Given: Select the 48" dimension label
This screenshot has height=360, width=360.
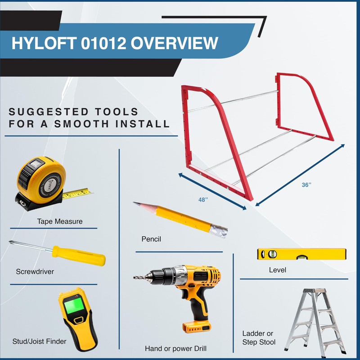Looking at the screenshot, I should [x=203, y=199].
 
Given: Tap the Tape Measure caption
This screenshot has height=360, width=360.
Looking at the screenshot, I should [x=60, y=221].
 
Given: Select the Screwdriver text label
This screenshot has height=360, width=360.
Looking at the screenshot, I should [x=35, y=271].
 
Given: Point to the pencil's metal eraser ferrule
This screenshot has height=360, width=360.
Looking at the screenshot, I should [x=218, y=230].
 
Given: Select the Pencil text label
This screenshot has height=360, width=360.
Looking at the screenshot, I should [x=151, y=239].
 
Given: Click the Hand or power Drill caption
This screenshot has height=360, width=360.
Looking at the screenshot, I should [x=176, y=348].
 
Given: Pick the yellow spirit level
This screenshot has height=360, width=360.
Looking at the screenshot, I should [x=301, y=254].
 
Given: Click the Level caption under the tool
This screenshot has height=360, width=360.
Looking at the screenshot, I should [x=277, y=270].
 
